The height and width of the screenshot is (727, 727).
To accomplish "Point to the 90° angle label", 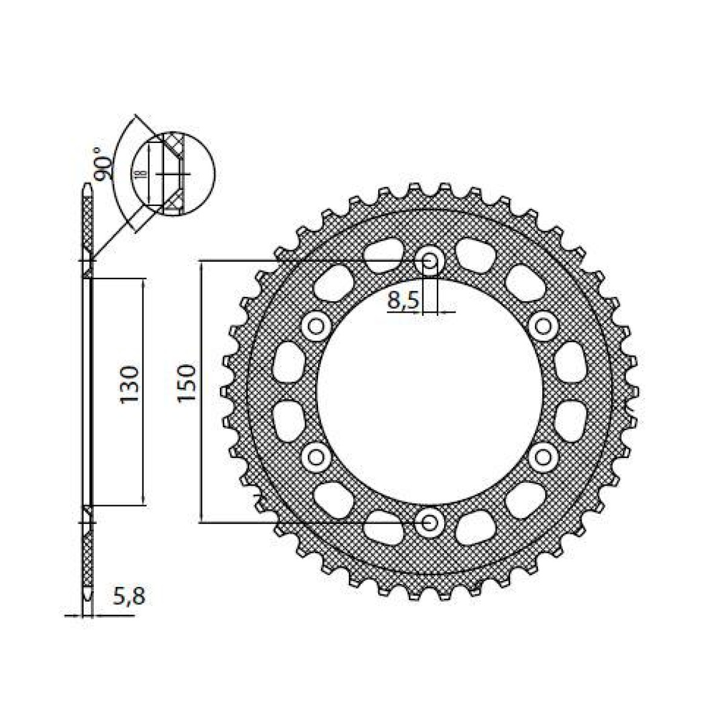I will pos(104,163).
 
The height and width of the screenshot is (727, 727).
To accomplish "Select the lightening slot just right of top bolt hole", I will pos(476,254).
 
